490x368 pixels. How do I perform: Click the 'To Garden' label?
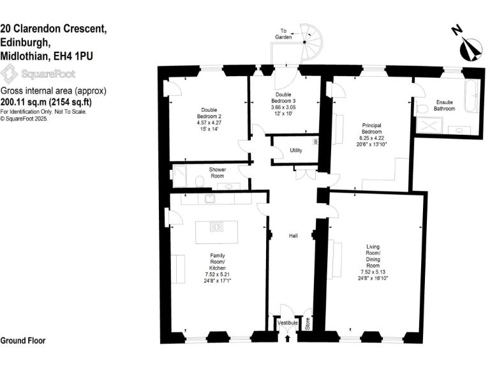[x=285, y=34]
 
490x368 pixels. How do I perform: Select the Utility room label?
[x=295, y=151]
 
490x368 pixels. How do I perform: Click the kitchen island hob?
[x=217, y=226]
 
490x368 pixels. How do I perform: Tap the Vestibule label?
[x=288, y=323]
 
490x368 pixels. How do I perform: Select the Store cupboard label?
[x=307, y=325]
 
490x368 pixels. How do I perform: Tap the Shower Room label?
[x=218, y=173]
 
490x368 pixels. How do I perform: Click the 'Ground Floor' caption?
[x=23, y=341]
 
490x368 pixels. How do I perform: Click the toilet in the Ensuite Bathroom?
[x=421, y=109]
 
